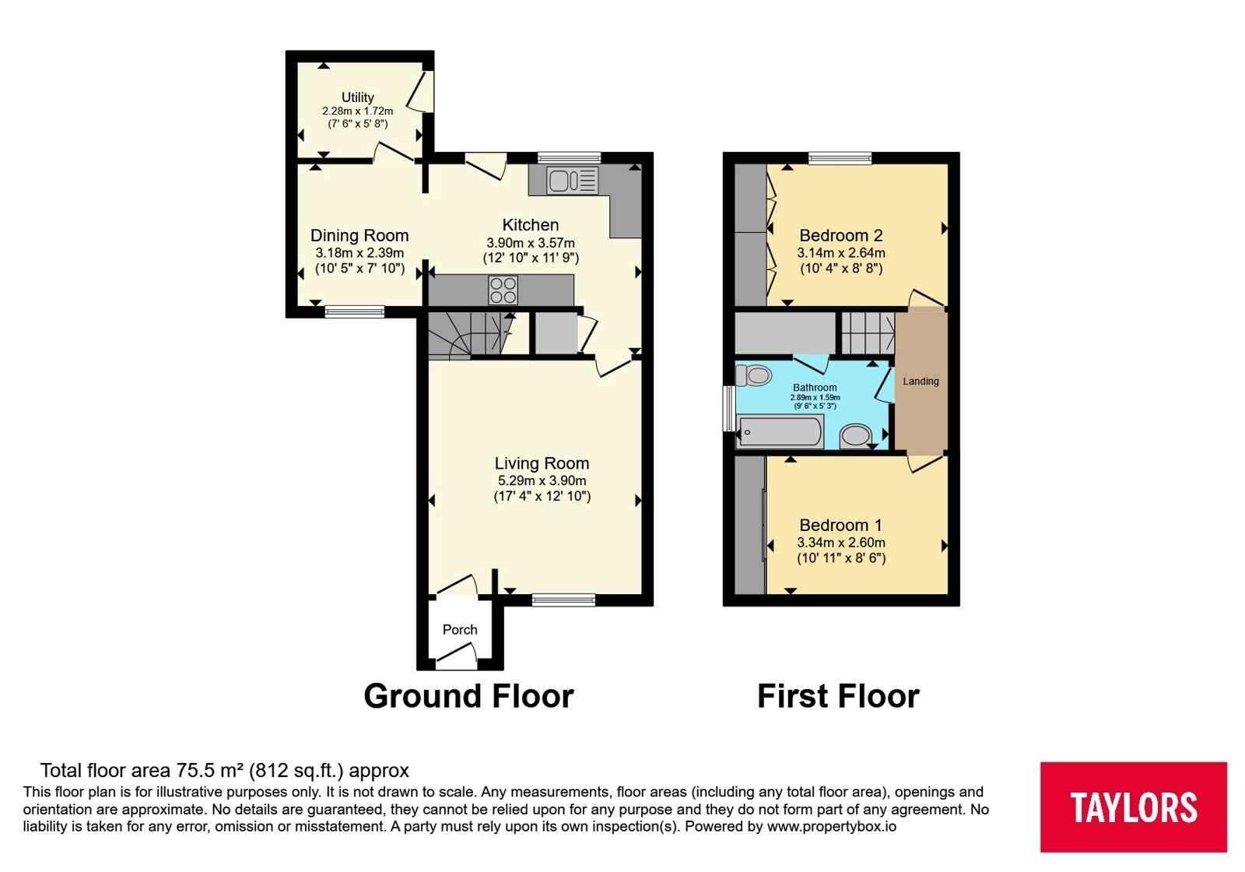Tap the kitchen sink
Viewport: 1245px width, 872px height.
(572, 180)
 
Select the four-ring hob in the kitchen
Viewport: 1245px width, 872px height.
(503, 290)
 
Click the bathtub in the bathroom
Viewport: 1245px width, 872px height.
(780, 431)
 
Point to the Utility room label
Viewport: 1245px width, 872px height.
(357, 97)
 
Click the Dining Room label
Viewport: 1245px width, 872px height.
(359, 235)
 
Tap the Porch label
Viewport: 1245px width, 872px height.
(460, 630)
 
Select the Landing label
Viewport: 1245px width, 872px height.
(921, 381)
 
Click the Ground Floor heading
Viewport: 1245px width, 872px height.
(468, 696)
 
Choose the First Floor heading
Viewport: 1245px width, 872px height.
(838, 696)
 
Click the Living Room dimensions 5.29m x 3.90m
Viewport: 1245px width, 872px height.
(542, 480)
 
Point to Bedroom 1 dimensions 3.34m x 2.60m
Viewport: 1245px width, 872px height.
(841, 542)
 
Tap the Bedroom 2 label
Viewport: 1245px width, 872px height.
(841, 235)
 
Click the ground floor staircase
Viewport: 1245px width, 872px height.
(471, 334)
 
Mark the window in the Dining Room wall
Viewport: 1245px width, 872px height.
(355, 311)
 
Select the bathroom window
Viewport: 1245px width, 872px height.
(728, 409)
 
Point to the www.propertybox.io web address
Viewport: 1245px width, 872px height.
(832, 826)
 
